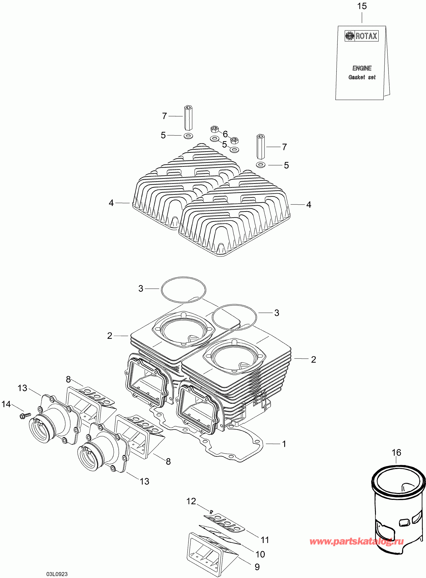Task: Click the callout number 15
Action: (362, 6)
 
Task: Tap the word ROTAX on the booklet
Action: (366, 36)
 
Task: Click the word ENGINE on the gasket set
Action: (362, 68)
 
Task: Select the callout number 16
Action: (396, 453)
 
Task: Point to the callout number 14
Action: (6, 404)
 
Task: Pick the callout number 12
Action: (191, 501)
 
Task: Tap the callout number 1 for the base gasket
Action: (284, 444)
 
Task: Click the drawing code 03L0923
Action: (57, 574)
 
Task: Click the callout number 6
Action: (225, 134)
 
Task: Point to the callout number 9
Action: (257, 567)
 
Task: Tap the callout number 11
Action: (265, 540)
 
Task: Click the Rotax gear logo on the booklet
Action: (349, 36)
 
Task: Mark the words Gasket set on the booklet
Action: (362, 77)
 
